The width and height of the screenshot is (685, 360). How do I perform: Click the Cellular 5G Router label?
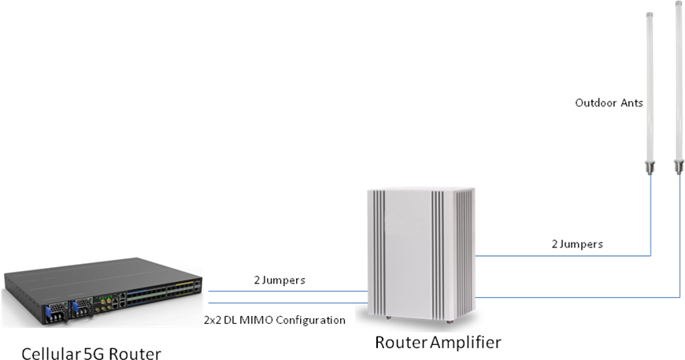click(91, 353)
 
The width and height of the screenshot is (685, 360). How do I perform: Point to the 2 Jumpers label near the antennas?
click(577, 244)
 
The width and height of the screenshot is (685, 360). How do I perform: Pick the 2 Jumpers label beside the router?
click(280, 280)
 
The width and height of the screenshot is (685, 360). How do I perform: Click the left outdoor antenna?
click(650, 87)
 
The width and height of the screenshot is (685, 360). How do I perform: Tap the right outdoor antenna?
click(678, 79)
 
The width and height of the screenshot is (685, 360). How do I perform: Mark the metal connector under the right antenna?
click(678, 166)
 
